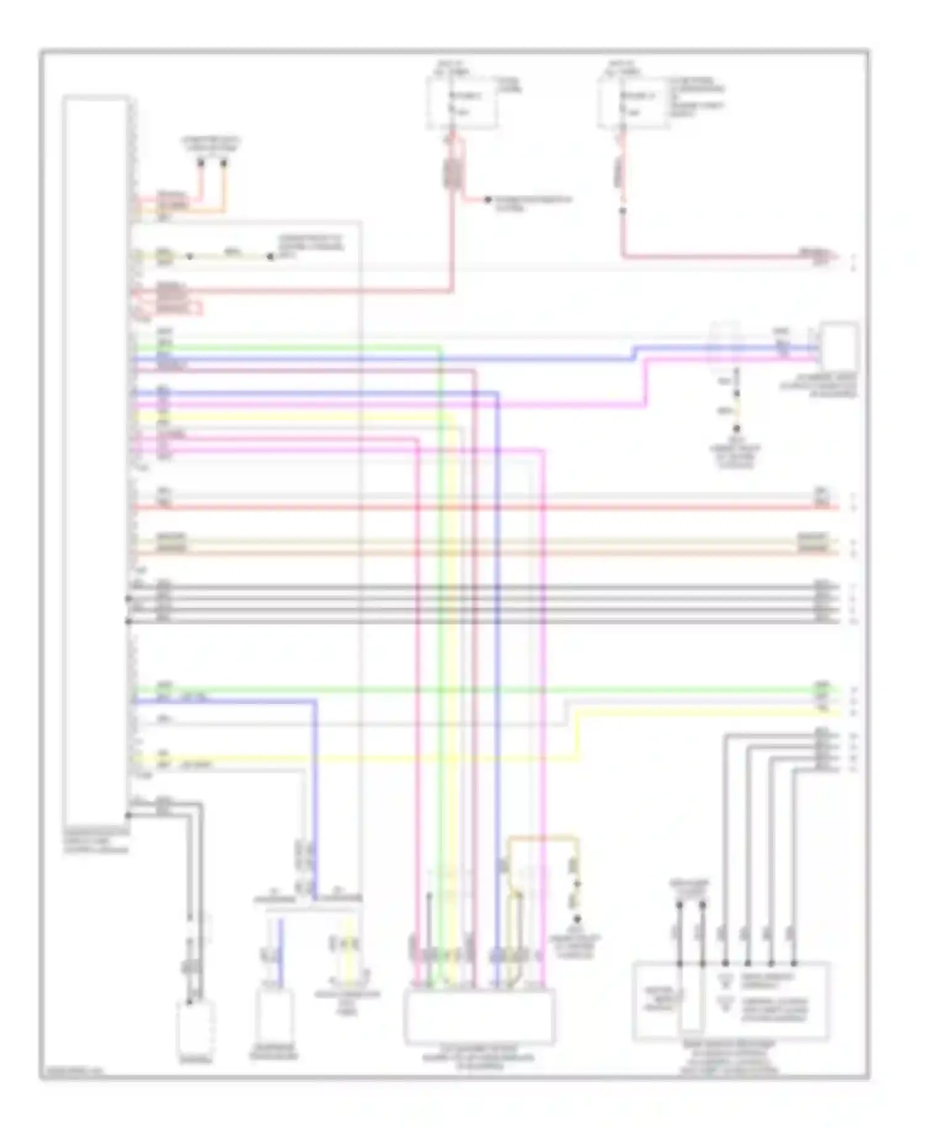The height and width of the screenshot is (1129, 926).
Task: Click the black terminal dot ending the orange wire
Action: click(224, 164)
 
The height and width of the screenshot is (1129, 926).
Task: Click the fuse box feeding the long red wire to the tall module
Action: click(462, 103)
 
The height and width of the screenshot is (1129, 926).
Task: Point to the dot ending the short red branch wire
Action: click(487, 200)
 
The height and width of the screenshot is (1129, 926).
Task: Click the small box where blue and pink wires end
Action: click(838, 346)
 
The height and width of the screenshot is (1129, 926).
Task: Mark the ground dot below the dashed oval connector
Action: click(736, 428)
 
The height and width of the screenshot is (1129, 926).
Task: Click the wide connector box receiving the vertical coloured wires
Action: click(479, 1016)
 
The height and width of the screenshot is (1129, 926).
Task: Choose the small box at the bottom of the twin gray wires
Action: click(196, 1028)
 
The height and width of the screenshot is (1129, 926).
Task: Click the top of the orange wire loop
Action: click(542, 838)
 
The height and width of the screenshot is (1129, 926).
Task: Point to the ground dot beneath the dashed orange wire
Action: click(577, 920)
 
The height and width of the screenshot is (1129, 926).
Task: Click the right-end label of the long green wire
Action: click(822, 686)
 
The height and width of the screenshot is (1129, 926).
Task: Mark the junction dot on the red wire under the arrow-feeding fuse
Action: click(622, 211)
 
